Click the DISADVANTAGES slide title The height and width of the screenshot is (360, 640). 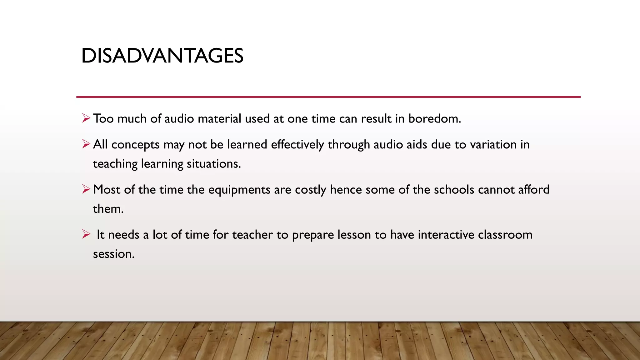[162, 56]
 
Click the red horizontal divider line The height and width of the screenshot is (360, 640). [328, 97]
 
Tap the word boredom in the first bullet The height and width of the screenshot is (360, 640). [434, 119]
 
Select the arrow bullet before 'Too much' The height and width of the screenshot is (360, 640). [86, 118]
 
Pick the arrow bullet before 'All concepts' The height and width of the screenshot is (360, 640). [86, 144]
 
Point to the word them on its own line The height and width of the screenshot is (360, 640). [108, 209]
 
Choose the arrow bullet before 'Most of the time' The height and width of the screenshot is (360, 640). [86, 189]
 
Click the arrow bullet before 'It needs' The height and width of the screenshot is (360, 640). [86, 234]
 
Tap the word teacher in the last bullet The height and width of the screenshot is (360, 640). [252, 235]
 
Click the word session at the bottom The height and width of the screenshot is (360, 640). [113, 254]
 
